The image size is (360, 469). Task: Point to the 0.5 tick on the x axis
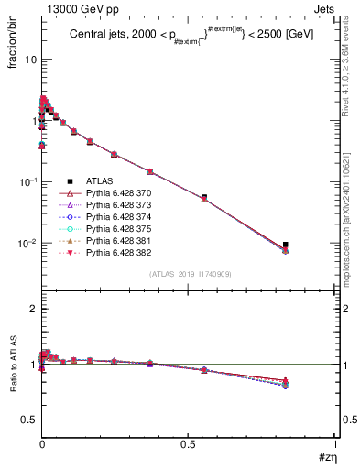click(189, 444)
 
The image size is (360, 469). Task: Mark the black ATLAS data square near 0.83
click(286, 245)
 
